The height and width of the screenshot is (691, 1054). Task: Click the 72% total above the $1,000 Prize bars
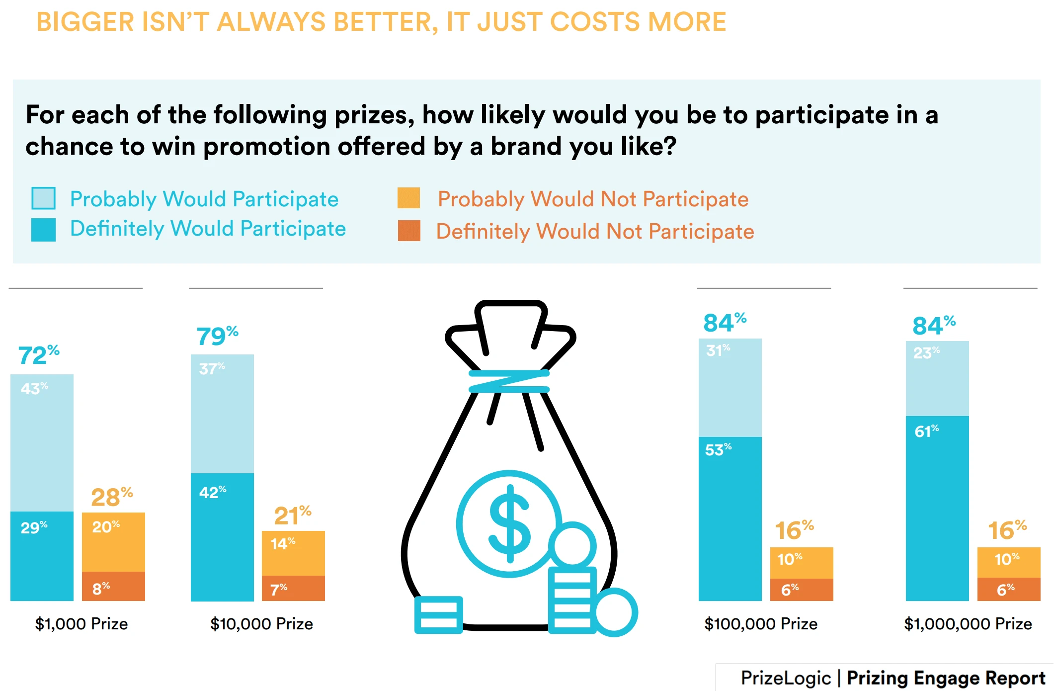click(x=38, y=355)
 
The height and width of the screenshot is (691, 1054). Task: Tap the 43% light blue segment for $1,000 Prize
click(x=42, y=442)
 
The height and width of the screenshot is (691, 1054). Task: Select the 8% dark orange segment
click(x=113, y=587)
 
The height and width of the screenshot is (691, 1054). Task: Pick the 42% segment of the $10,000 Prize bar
click(x=222, y=537)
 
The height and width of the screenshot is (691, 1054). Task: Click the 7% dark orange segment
click(x=293, y=589)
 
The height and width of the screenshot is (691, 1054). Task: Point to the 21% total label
click(x=292, y=515)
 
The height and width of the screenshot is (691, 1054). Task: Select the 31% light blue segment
click(x=730, y=388)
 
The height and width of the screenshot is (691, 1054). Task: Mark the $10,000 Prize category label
click(x=261, y=623)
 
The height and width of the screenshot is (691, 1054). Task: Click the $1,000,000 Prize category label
click(x=968, y=623)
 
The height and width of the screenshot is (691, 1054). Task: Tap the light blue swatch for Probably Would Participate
click(x=43, y=198)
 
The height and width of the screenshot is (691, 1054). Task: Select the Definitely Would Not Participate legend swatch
click(x=409, y=231)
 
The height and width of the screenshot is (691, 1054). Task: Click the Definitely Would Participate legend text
click(x=208, y=229)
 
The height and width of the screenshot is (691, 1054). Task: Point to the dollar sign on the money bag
click(x=509, y=523)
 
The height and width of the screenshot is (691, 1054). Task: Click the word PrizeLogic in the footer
click(x=786, y=678)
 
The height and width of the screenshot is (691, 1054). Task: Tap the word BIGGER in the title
click(x=85, y=22)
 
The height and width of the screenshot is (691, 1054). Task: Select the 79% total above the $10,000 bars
click(x=217, y=336)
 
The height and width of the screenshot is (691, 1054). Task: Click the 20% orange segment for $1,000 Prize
click(x=113, y=542)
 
